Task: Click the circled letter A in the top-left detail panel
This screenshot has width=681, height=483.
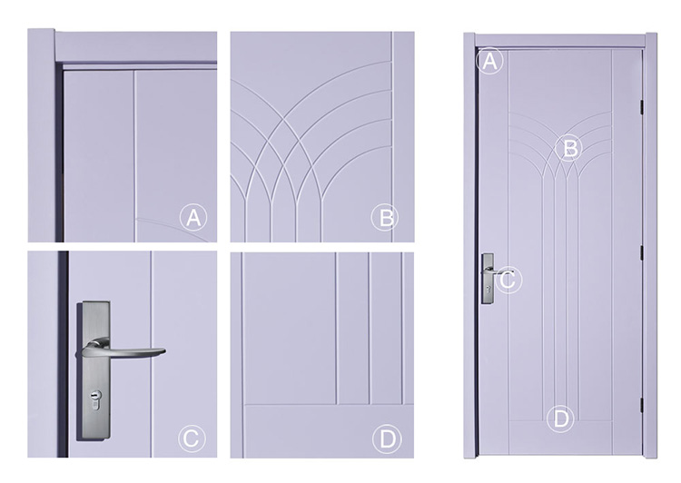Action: pos(193,218)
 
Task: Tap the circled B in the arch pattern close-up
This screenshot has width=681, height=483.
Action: pos(385,217)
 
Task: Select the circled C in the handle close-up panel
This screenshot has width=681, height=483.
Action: pos(192,439)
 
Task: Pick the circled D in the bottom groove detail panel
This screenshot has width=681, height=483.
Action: pos(386,439)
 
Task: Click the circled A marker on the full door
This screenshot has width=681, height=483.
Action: pos(489,61)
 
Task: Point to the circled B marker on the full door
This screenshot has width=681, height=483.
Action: pos(569,148)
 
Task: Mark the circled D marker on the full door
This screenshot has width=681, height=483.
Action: pos(560,419)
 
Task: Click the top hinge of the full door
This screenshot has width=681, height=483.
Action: pos(641,107)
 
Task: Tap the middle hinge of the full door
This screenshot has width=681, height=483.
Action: pos(641,252)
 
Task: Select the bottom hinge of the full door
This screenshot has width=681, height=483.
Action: pos(641,402)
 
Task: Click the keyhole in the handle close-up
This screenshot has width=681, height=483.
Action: pos(94,399)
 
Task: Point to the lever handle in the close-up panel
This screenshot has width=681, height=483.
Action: pos(120,349)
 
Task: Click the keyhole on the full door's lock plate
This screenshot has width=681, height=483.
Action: pos(489,290)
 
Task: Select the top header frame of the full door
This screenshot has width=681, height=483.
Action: pos(560,40)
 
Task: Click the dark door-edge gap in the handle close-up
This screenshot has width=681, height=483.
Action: pos(63,354)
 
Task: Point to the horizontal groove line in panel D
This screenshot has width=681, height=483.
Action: pos(328,405)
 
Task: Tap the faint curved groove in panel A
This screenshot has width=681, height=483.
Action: pos(173,228)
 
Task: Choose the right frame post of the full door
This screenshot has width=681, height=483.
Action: pos(650,245)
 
